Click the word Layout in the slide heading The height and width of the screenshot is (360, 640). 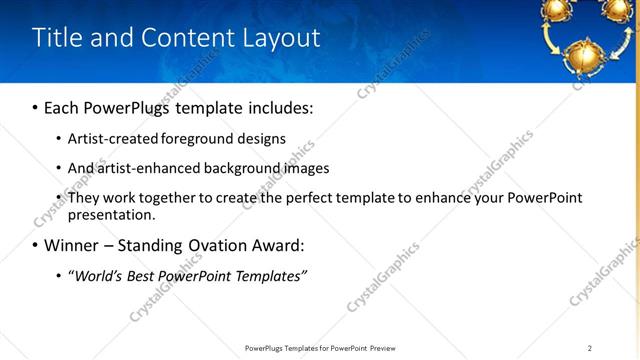(282, 39)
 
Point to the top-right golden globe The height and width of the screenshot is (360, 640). (618, 9)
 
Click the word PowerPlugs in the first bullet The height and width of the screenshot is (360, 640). (132, 107)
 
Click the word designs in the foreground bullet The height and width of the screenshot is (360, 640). (262, 139)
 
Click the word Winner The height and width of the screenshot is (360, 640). (72, 245)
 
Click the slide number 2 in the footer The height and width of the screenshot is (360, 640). (590, 348)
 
